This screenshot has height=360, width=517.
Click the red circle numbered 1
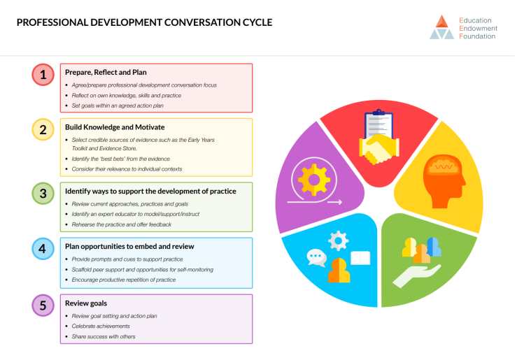pyautogui.click(x=43, y=75)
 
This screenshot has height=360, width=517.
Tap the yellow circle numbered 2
pyautogui.click(x=43, y=129)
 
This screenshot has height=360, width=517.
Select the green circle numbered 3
pyautogui.click(x=43, y=192)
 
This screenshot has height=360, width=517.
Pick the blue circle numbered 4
pyautogui.click(x=43, y=248)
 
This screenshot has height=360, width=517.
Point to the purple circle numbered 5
pyautogui.click(x=43, y=305)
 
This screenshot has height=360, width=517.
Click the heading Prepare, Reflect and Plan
pyautogui.click(x=106, y=72)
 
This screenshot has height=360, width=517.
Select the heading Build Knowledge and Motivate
pyautogui.click(x=115, y=127)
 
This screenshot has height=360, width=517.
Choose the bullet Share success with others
pyautogui.click(x=104, y=337)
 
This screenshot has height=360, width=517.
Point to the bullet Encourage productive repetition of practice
pyautogui.click(x=124, y=280)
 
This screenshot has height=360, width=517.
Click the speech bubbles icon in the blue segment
pyautogui.click(x=317, y=258)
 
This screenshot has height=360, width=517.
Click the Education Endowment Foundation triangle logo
pyautogui.click(x=441, y=27)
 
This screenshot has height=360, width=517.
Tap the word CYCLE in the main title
pyautogui.click(x=252, y=22)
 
